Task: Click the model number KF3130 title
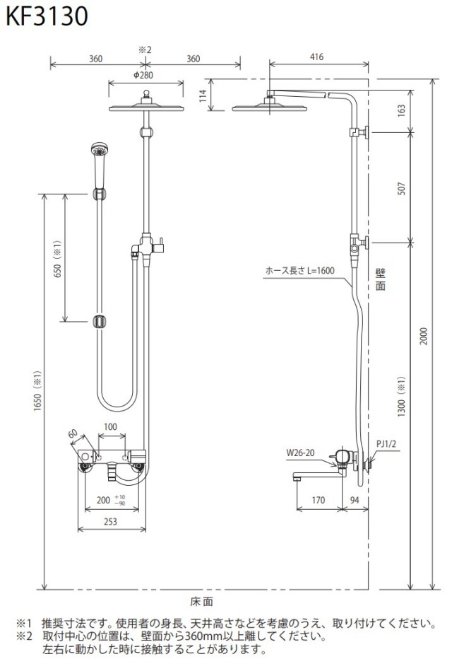[47, 16]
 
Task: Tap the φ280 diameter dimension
[143, 75]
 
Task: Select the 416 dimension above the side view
[316, 57]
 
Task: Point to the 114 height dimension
[203, 96]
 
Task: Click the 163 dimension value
[402, 110]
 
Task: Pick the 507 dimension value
[402, 188]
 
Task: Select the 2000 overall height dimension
[424, 337]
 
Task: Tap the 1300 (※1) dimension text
[401, 397]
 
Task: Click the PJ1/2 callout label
[386, 444]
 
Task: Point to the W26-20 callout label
[300, 453]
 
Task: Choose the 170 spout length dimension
[318, 500]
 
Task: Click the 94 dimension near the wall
[355, 500]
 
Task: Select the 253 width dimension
[110, 522]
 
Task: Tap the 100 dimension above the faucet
[110, 427]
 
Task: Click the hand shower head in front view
[100, 165]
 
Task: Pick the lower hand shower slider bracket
[100, 322]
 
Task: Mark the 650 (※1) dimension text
[57, 259]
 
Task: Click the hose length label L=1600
[300, 271]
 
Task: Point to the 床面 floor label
[201, 602]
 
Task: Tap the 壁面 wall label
[380, 280]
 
